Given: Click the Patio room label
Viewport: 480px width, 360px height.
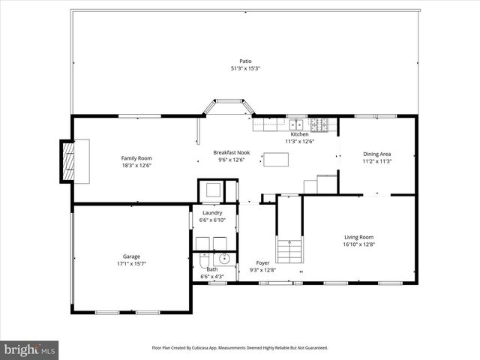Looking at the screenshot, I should (245, 61).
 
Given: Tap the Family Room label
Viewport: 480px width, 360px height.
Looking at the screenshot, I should (136, 158).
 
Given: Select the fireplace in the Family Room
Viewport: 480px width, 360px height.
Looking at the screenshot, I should (70, 160).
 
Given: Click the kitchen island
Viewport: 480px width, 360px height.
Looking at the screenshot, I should (275, 159).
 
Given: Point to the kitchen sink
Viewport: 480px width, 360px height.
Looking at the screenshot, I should (297, 124).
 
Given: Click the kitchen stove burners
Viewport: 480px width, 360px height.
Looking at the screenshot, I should (320, 124).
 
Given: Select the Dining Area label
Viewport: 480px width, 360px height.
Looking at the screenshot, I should (376, 154).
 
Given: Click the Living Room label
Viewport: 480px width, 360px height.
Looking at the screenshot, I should (358, 237).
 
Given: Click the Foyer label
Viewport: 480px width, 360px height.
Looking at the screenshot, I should (262, 262).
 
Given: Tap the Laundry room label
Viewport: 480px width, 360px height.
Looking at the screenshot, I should (212, 213).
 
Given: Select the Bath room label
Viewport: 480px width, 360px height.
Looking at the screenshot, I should (211, 270).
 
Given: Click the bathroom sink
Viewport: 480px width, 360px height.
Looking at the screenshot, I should (223, 260).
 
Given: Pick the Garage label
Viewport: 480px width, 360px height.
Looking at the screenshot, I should (131, 256).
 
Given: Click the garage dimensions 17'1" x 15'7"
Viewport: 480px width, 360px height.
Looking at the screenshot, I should (131, 263).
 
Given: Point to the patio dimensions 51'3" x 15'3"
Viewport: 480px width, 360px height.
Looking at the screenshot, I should (245, 68).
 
